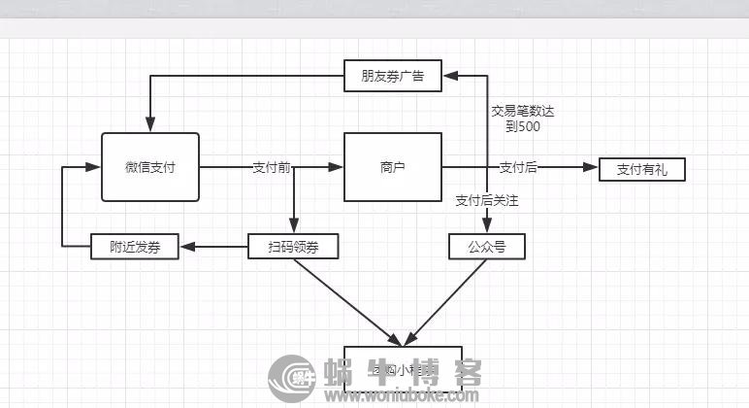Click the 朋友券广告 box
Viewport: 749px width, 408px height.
tap(392, 75)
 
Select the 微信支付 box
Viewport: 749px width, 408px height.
tap(149, 167)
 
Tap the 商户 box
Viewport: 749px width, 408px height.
tap(392, 167)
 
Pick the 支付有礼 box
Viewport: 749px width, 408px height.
tap(641, 169)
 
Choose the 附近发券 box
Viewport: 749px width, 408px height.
tap(135, 247)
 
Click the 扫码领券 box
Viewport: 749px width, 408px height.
tap(293, 247)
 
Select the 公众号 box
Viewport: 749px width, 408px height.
tap(487, 247)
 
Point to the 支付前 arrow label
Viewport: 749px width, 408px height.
tap(271, 167)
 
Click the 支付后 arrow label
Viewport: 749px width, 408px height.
tap(518, 167)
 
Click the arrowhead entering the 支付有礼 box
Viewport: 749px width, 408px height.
tap(592, 168)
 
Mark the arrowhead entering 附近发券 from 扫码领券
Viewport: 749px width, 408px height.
tap(188, 247)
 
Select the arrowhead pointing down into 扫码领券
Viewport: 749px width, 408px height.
tap(293, 227)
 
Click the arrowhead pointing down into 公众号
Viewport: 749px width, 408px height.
tap(487, 227)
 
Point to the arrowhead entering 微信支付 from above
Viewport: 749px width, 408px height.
tap(149, 125)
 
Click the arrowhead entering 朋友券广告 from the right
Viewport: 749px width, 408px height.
tap(449, 75)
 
